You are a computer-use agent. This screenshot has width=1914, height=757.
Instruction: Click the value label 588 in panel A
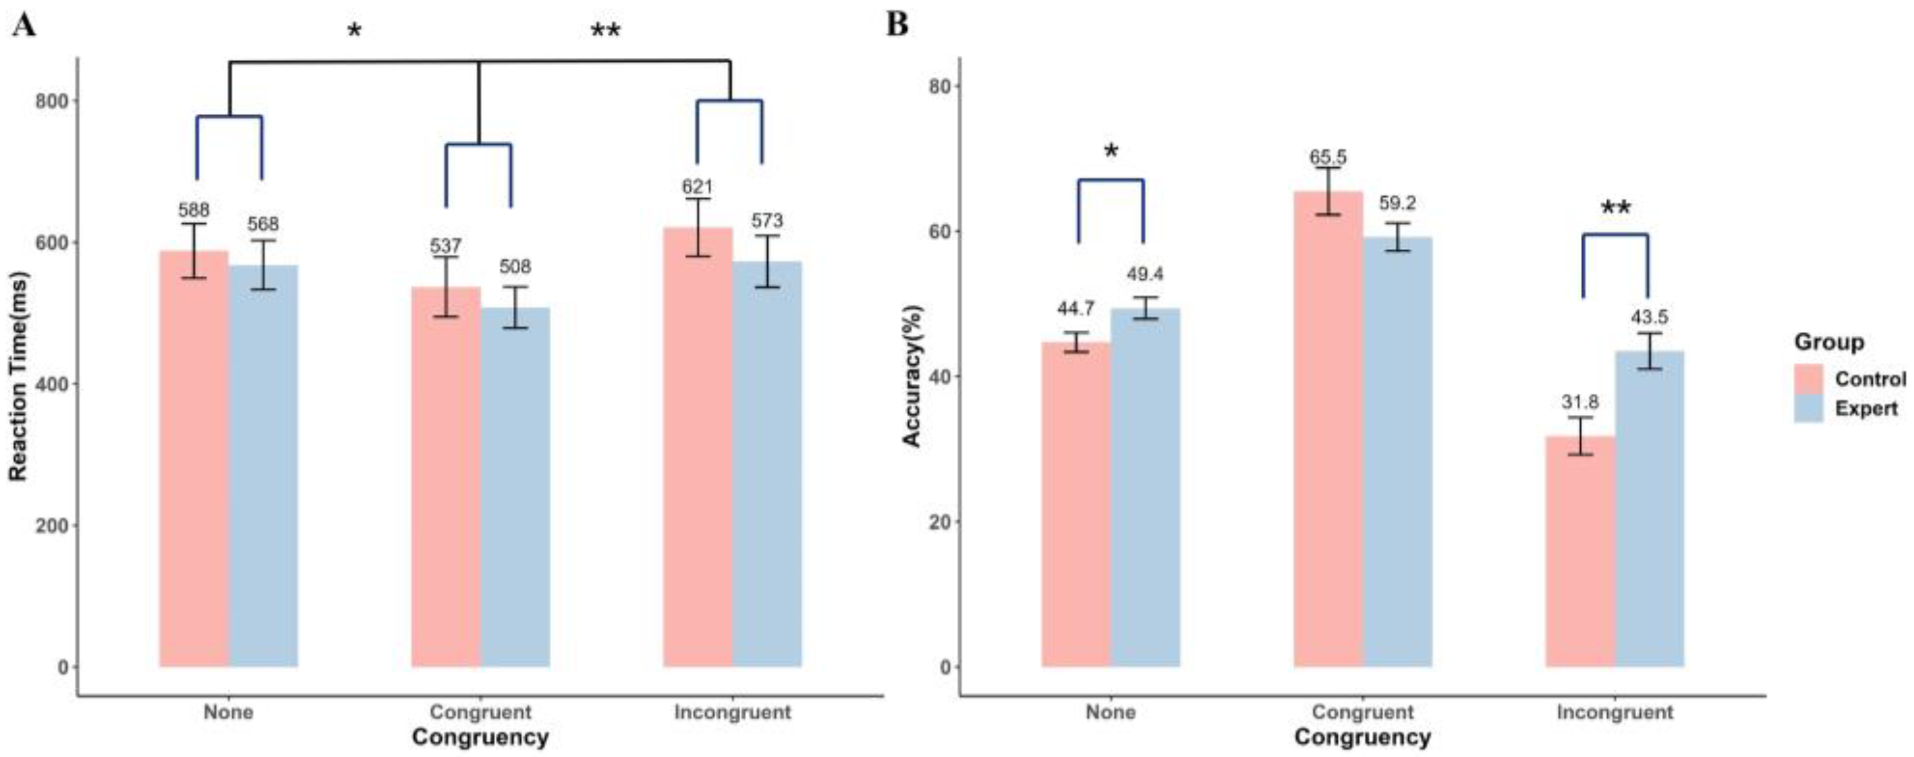[x=194, y=210]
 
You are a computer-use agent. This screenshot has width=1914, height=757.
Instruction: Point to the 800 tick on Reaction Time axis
[x=51, y=101]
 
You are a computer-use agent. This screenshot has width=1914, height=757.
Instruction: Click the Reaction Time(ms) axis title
[x=19, y=377]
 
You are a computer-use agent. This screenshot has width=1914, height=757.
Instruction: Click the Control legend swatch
[x=1809, y=379]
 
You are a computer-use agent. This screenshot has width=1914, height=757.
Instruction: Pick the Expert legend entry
[x=1866, y=408]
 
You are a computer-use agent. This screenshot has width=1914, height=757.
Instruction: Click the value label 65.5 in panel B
[x=1327, y=158]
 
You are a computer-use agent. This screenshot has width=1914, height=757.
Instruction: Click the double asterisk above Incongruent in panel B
[x=1616, y=210]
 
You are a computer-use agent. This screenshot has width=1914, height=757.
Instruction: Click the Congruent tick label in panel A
[x=480, y=713]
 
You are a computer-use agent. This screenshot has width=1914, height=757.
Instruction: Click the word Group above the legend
[x=1828, y=342]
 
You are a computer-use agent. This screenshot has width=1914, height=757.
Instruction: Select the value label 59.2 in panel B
[x=1397, y=203]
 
